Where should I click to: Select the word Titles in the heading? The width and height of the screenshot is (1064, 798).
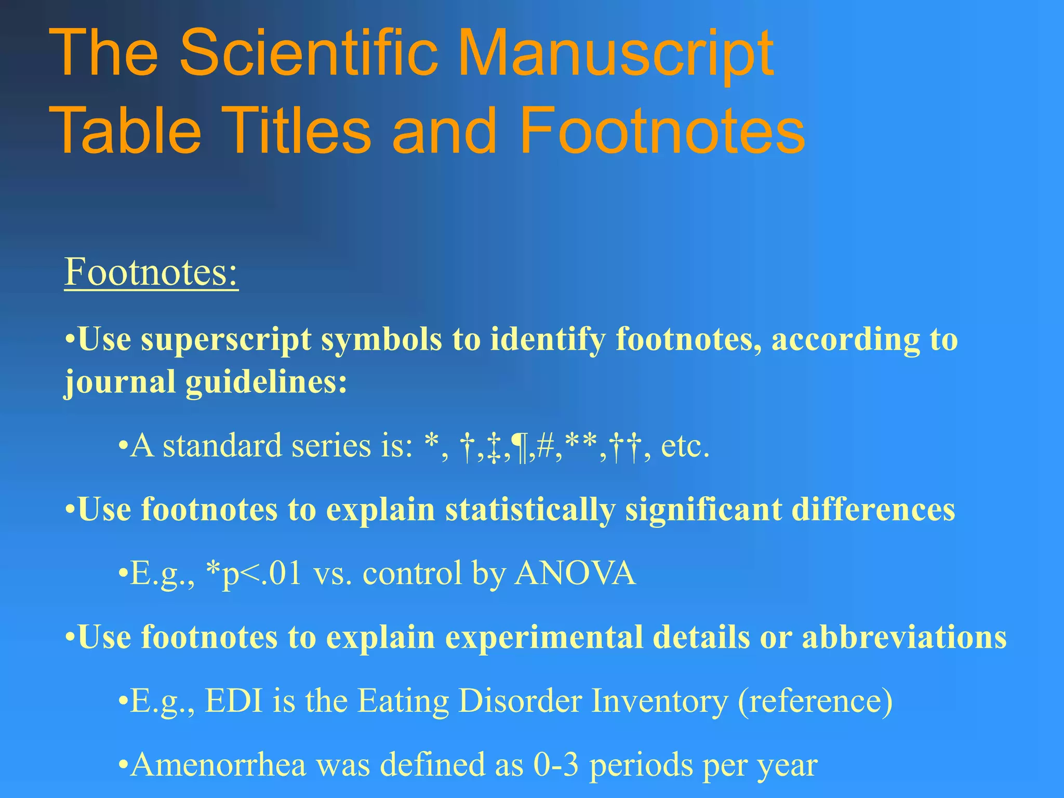pos(298,130)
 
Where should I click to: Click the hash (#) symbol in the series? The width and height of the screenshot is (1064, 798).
pos(546,446)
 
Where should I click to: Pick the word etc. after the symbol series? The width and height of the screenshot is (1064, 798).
pos(685,446)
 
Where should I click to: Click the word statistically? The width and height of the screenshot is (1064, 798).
pos(529,509)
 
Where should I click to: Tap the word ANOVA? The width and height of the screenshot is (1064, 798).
pos(575,574)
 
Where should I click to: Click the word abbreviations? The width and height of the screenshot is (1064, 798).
pos(904,637)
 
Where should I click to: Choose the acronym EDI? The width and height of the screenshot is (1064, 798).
pos(234,701)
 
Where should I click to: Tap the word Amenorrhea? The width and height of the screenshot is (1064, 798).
pos(219,765)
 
